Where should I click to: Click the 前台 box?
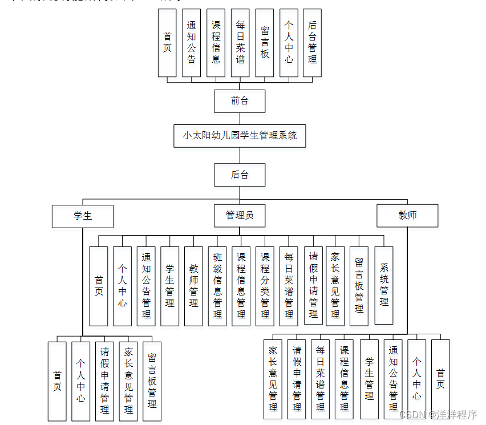pyautogui.click(x=240, y=101)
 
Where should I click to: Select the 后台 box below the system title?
pyautogui.click(x=240, y=175)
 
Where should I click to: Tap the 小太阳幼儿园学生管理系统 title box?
pyautogui.click(x=240, y=136)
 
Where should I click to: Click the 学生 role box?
pyautogui.click(x=83, y=216)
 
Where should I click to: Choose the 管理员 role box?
pyautogui.click(x=240, y=216)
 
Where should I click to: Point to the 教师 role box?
pyautogui.click(x=407, y=216)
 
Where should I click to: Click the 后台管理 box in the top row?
pyautogui.click(x=312, y=43)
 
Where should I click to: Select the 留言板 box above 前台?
pyautogui.click(x=264, y=43)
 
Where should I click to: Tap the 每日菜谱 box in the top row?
pyautogui.click(x=240, y=43)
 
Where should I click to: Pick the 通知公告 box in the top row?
pyautogui.click(x=192, y=43)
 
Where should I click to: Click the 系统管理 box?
pyautogui.click(x=384, y=286)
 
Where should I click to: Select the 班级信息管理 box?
pyautogui.click(x=217, y=286)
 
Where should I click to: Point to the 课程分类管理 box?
pyautogui.click(x=265, y=286)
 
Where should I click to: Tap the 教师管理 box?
pyautogui.click(x=193, y=286)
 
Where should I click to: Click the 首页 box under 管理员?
pyautogui.click(x=99, y=286)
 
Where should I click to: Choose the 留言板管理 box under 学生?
pyautogui.click(x=152, y=381)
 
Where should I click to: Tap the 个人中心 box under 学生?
pyautogui.click(x=80, y=381)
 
